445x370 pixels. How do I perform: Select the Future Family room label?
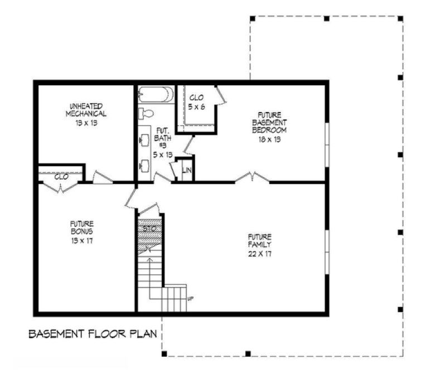point(260,245)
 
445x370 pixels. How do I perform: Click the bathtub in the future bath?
point(156,94)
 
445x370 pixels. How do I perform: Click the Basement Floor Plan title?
point(93,334)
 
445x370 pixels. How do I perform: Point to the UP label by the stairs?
point(190,299)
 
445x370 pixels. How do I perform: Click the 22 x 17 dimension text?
point(260,254)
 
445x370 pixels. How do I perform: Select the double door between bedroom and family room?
point(252,178)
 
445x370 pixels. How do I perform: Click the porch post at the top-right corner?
point(400,18)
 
